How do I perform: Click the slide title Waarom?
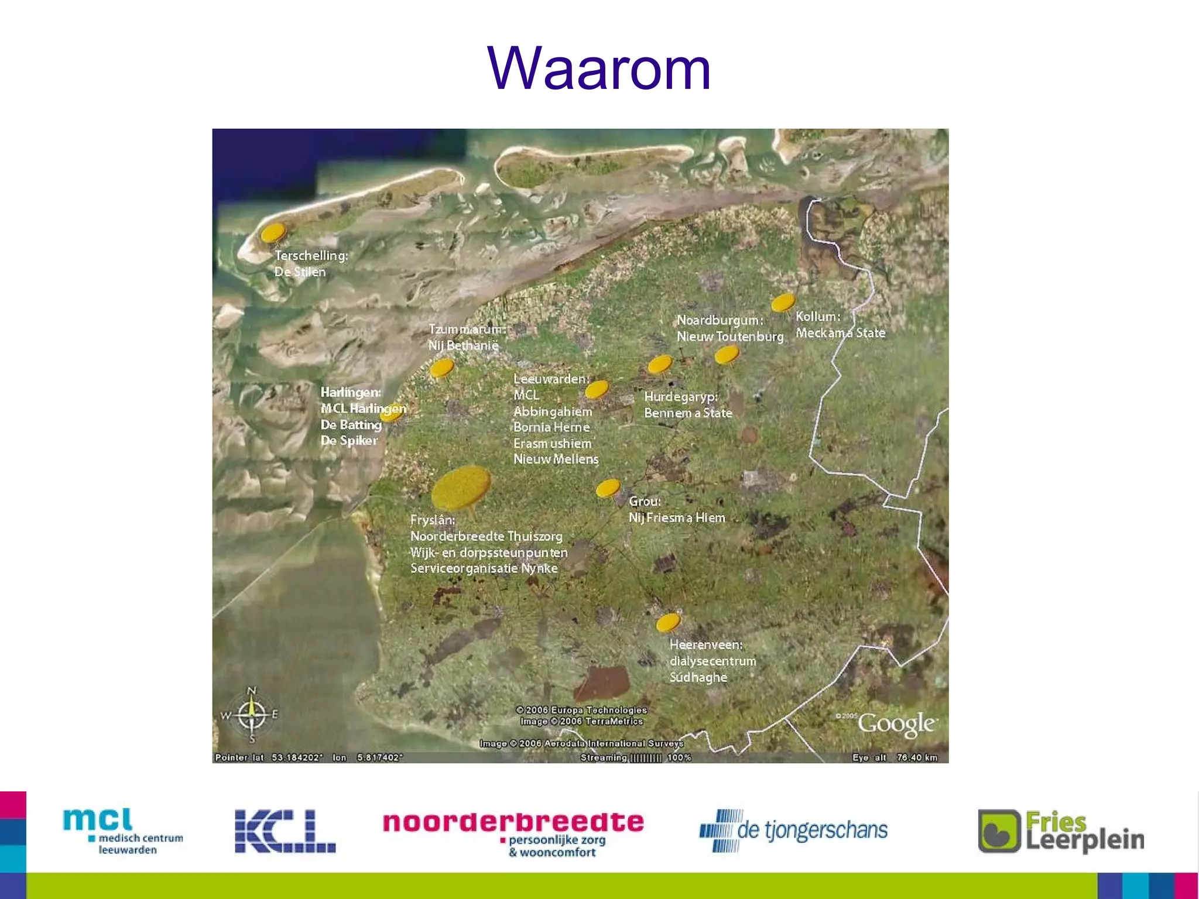tap(599, 69)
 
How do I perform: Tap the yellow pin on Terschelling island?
tap(273, 232)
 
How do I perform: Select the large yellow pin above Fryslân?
tap(461, 486)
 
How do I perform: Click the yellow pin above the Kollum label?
tap(783, 302)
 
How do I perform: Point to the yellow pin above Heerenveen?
tap(668, 622)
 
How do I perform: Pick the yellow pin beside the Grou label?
tap(608, 488)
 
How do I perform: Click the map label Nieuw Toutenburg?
tap(729, 337)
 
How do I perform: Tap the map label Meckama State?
tap(840, 333)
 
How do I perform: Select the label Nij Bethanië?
tap(463, 345)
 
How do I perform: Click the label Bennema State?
tap(688, 413)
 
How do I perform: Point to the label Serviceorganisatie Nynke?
tap(484, 568)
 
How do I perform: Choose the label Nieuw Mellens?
tap(556, 459)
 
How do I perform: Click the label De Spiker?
tap(349, 440)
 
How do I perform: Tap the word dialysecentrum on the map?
tap(712, 661)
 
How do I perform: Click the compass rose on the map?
tap(252, 715)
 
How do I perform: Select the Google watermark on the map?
tap(896, 725)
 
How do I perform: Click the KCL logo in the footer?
tap(285, 831)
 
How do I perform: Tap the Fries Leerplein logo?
tap(1061, 831)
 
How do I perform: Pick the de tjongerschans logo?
tap(793, 831)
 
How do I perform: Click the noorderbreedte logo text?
tap(513, 822)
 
